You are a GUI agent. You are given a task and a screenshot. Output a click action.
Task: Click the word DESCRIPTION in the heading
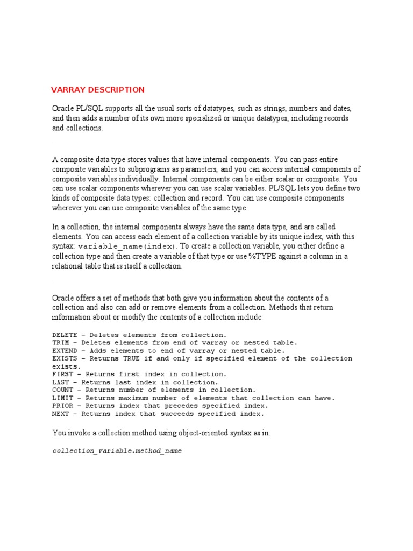pyautogui.click(x=116, y=90)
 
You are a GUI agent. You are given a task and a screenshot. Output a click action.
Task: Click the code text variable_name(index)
pyautogui.click(x=112, y=246)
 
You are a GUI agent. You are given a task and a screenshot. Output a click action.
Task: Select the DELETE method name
pyautogui.click(x=63, y=335)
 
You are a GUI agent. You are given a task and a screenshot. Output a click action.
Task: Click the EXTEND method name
pyautogui.click(x=63, y=350)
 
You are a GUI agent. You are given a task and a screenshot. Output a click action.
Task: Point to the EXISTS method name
pyautogui.click(x=63, y=358)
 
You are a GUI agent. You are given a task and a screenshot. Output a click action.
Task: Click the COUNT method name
pyautogui.click(x=62, y=390)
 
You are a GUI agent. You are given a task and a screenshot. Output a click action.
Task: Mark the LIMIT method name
pyautogui.click(x=62, y=398)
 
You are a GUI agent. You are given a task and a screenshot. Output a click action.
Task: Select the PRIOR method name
pyautogui.click(x=62, y=406)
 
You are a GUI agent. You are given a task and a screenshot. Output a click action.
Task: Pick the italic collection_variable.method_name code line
pyautogui.click(x=117, y=451)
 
